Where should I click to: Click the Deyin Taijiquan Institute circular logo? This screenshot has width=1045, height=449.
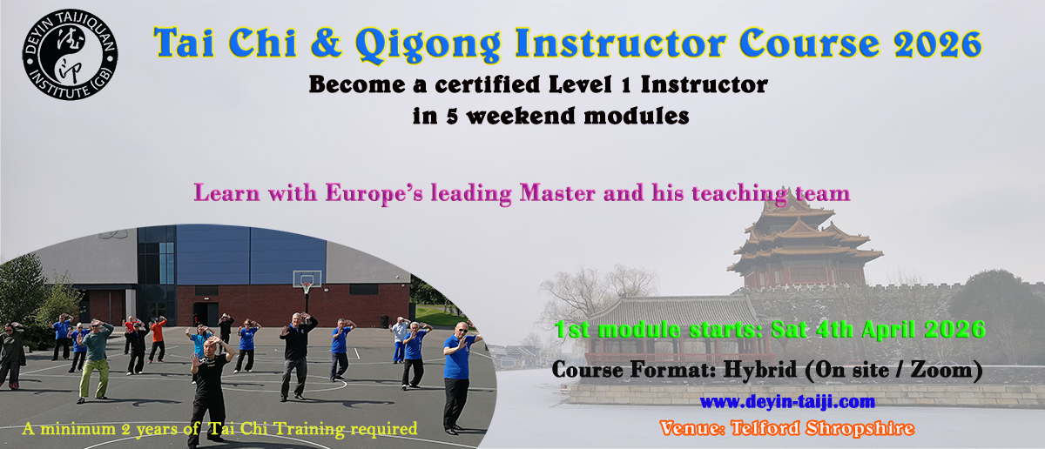[x=70, y=54]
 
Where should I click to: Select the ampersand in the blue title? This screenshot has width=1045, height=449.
[x=326, y=44]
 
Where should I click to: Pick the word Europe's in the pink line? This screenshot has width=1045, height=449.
[x=374, y=192]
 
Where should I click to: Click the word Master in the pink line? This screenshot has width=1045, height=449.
[x=557, y=192]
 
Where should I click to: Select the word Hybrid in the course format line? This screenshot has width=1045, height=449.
[x=760, y=370]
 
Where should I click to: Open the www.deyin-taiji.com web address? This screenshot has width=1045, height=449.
[x=787, y=402]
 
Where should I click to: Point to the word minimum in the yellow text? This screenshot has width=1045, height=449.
[x=78, y=428]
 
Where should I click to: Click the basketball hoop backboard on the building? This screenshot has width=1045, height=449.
[x=307, y=278]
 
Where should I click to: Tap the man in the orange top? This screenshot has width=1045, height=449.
[x=158, y=339]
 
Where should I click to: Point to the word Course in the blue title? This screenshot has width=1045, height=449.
[x=809, y=44]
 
